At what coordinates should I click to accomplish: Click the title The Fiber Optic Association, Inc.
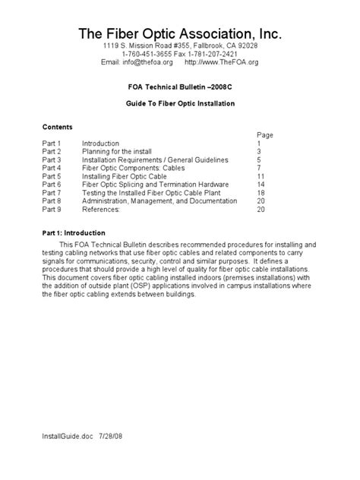180,35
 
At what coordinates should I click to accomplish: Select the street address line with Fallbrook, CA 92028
180,46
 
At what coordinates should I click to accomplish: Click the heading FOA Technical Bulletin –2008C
180,87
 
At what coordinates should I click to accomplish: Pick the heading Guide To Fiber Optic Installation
180,103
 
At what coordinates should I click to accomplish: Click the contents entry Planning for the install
120,151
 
